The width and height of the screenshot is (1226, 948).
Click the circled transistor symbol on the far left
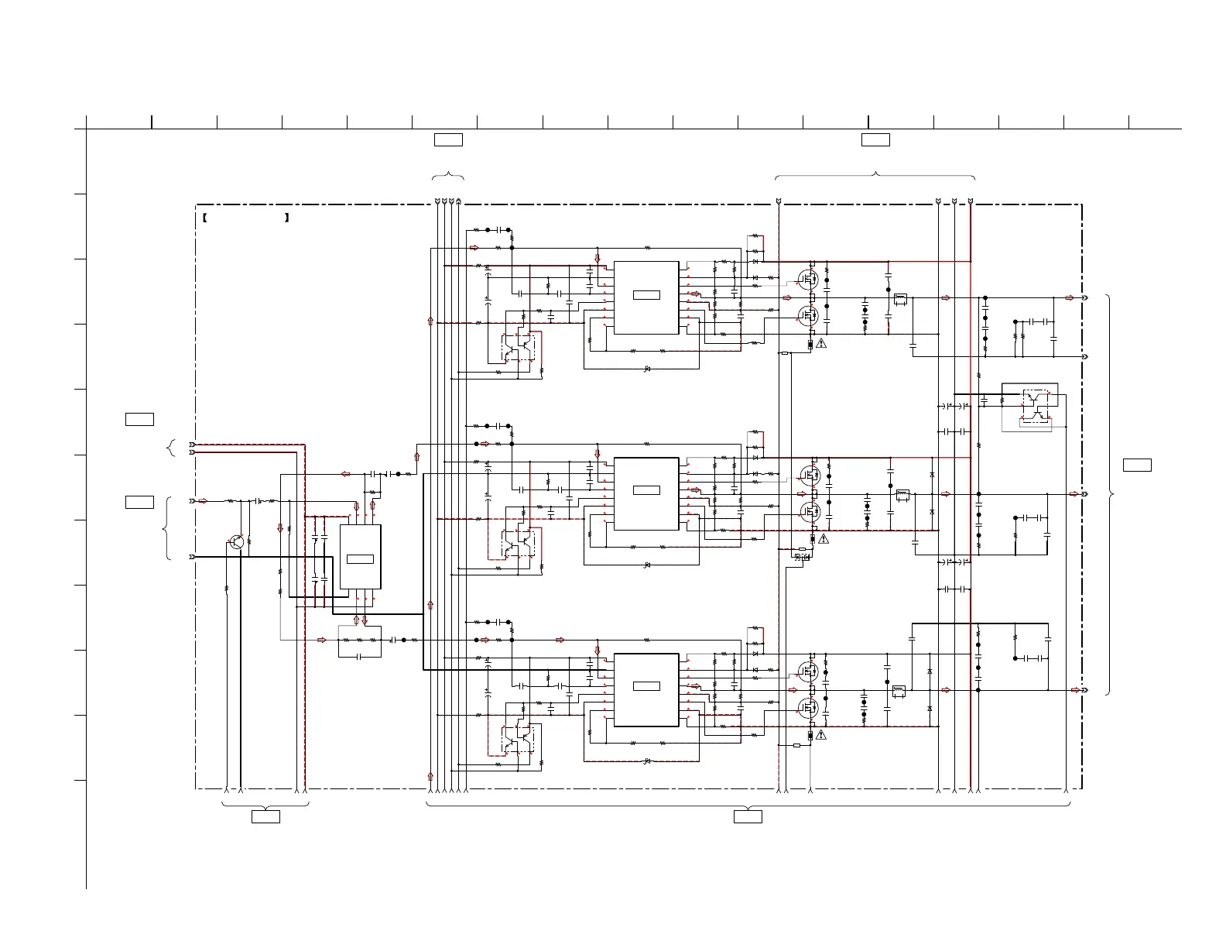[x=237, y=542]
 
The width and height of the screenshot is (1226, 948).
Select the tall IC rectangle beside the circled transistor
[x=360, y=557]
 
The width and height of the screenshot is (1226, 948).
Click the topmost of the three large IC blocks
[x=646, y=297]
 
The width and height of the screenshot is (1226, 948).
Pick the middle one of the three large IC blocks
[x=646, y=493]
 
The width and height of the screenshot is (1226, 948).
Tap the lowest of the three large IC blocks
[x=646, y=689]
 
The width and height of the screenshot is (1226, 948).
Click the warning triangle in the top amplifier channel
[x=822, y=342]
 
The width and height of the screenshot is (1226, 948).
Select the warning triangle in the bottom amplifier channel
[x=822, y=734]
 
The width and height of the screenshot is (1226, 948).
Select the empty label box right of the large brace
[x=1137, y=465]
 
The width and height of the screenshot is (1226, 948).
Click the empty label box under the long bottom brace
[x=748, y=816]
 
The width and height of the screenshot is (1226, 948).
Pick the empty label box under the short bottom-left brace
[x=265, y=816]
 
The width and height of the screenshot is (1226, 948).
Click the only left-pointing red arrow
[x=345, y=474]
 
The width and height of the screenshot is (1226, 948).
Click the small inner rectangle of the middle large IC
[x=646, y=490]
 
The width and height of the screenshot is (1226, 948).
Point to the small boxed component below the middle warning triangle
[x=802, y=556]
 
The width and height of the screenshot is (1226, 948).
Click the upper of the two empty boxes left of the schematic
[x=139, y=420]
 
